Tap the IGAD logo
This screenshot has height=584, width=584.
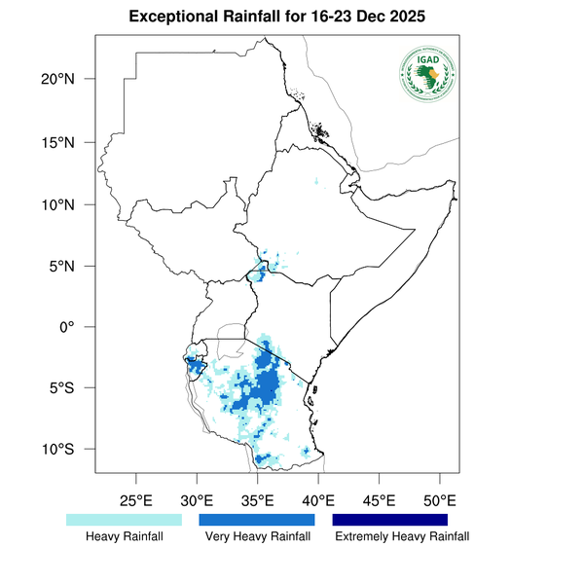pos(427,74)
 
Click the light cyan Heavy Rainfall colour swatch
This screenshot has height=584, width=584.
pos(124,520)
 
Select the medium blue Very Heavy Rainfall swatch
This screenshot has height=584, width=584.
pos(257,520)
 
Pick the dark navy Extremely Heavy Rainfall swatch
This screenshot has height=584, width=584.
pos(389,520)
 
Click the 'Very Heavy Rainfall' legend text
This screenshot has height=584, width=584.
pos(258,537)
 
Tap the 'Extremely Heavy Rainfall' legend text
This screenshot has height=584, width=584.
pos(401,537)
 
